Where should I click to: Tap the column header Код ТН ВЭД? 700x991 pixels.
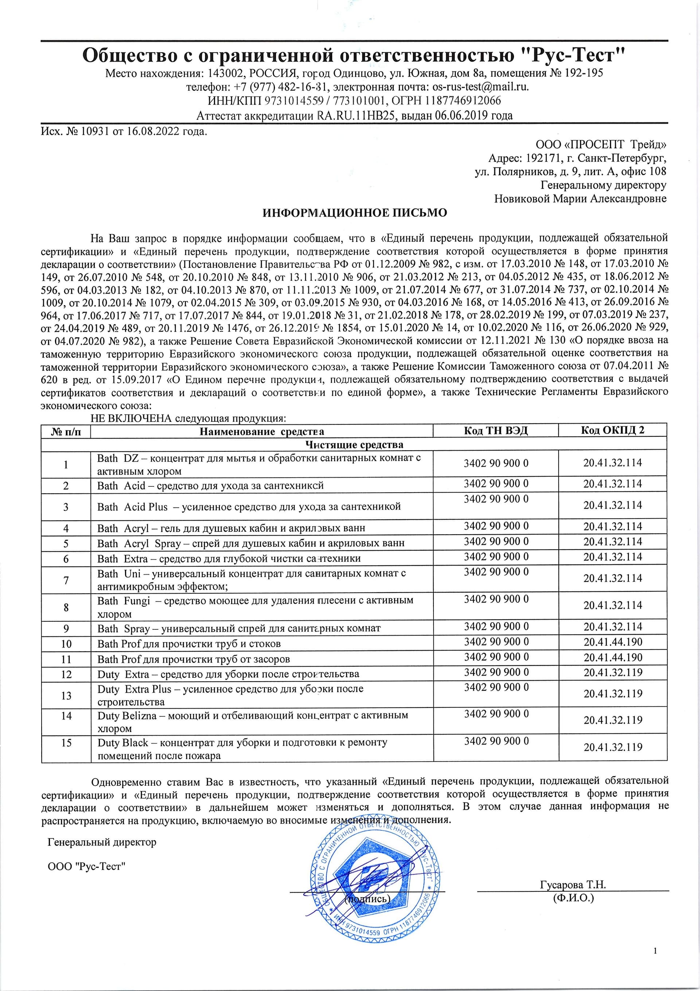click(x=495, y=430)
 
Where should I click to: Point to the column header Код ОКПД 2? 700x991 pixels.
click(x=612, y=430)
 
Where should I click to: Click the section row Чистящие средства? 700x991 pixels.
click(x=354, y=444)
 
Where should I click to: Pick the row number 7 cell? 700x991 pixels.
click(x=66, y=580)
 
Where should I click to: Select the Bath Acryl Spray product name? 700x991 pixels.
click(x=250, y=543)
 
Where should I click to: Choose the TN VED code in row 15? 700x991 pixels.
click(x=496, y=741)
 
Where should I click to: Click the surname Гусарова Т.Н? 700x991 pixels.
click(x=573, y=869)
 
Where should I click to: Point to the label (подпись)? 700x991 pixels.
click(x=367, y=883)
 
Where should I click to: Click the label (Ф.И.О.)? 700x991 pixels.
click(x=573, y=883)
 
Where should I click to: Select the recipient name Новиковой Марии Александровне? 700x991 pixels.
click(x=580, y=198)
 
